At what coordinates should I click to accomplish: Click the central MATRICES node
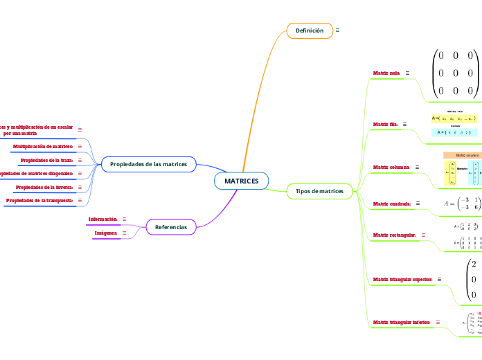[x=241, y=181]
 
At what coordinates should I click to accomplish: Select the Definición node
[x=309, y=30]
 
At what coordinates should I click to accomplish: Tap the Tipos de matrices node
[x=319, y=191]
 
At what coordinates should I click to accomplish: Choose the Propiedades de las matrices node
[x=148, y=164]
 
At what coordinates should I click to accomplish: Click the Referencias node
[x=170, y=226]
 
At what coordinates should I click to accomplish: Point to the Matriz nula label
[x=386, y=73]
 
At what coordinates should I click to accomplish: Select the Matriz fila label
[x=385, y=124]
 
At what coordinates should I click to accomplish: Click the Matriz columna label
[x=391, y=168]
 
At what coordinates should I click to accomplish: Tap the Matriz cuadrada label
[x=392, y=204]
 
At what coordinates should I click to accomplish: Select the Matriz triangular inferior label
[x=402, y=322]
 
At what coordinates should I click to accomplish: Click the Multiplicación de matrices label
[x=43, y=147]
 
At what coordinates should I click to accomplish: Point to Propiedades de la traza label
[x=47, y=160]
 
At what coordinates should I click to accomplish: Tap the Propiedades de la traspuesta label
[x=39, y=200]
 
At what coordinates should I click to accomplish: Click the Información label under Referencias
[x=102, y=219]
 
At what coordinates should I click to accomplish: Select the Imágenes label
[x=105, y=233]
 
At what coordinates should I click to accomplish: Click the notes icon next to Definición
[x=337, y=30]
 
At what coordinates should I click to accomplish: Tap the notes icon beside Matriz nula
[x=407, y=73]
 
